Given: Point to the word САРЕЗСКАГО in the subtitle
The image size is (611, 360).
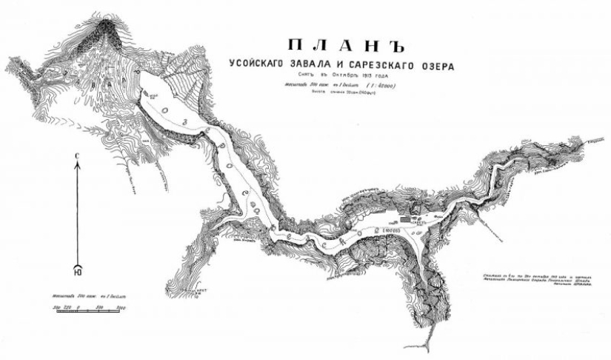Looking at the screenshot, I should pos(384,66).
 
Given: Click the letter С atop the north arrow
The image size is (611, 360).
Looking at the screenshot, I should pos(77,155).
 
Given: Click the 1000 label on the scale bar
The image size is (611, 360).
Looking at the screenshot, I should pos(119,305).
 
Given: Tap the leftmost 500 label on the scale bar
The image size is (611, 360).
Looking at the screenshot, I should pos(56,305).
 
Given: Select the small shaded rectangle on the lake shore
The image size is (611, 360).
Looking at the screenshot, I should pos(404,219).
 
